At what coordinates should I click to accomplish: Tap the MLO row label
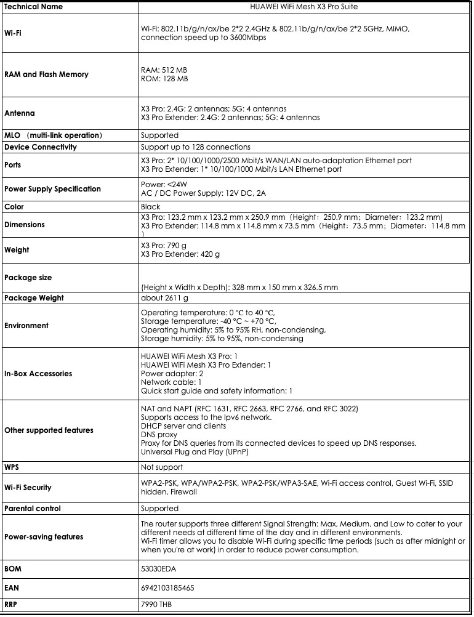pyautogui.click(x=53, y=135)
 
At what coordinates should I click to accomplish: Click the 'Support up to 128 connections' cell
pyautogui.click(x=195, y=147)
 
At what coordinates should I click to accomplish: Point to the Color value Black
pyautogui.click(x=150, y=207)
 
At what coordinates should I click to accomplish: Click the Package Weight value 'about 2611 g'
pyautogui.click(x=164, y=298)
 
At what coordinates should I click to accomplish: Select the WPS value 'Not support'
pyautogui.click(x=161, y=467)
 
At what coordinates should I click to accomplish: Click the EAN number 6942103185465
pyautogui.click(x=167, y=588)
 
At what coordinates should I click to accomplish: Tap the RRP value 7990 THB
pyautogui.click(x=156, y=605)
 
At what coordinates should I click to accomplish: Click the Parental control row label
pyautogui.click(x=41, y=509)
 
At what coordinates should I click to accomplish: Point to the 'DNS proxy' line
pyautogui.click(x=159, y=435)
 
